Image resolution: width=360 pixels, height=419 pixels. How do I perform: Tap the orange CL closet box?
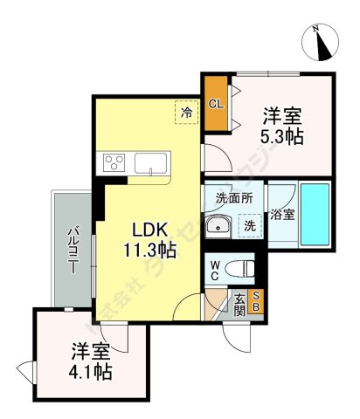pos(215,104)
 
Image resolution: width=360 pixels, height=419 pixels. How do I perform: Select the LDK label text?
pos(148,230)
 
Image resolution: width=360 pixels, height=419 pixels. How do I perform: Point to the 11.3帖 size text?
pos(148,250)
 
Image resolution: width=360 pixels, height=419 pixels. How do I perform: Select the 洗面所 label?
pos(234,198)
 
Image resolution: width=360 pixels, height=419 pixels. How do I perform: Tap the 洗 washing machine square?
pos(250,226)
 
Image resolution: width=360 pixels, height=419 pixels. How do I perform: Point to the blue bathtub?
pos(315,214)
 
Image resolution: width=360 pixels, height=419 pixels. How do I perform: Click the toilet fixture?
pos(242,268)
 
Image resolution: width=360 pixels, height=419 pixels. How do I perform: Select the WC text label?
pos(215,268)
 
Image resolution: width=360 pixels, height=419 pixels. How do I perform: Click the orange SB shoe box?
pos(256,301)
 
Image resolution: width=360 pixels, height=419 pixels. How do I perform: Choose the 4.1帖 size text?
pos(89,373)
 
